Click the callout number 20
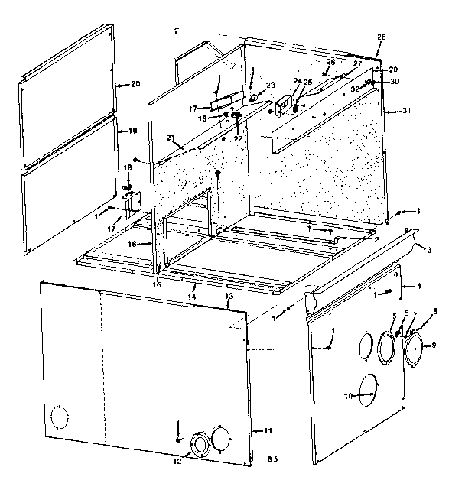[135, 83]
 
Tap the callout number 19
[132, 131]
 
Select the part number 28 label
[382, 37]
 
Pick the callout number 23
[270, 85]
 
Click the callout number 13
[229, 295]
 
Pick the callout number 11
[268, 432]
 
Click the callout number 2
[376, 239]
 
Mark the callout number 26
[330, 61]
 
